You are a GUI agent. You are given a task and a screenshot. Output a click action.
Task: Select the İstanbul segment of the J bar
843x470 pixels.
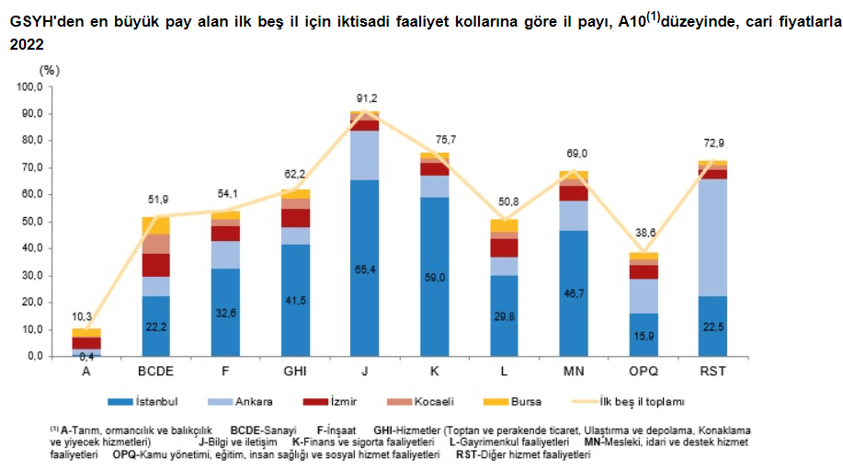(364, 268)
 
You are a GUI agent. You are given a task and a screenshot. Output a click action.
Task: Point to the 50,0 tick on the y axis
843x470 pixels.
(32, 222)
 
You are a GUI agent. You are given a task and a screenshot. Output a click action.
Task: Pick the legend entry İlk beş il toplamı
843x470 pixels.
(638, 401)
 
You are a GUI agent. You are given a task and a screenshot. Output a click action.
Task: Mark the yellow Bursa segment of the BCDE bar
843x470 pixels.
(155, 225)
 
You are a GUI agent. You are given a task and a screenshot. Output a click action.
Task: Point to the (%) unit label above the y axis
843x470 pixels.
(50, 70)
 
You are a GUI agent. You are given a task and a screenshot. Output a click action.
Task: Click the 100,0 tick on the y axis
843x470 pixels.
(30, 87)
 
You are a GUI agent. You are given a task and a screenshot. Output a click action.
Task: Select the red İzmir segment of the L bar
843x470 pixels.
(504, 247)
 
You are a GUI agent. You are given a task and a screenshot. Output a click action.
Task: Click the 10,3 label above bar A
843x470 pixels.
(85, 315)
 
